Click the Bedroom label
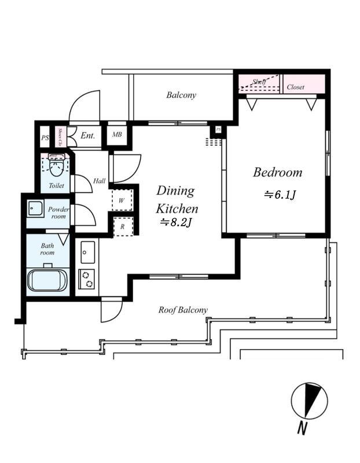coord(277,172)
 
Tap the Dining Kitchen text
coord(177,200)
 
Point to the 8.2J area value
coord(176,222)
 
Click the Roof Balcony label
coord(183,310)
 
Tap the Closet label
coord(296,87)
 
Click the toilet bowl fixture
coord(56,167)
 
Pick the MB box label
coord(117,135)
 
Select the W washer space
coord(122,201)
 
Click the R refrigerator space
coord(122,227)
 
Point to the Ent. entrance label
coord(88,136)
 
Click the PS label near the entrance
coord(45,138)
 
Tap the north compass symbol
coord(310,400)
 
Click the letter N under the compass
coord(301,429)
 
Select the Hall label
coord(99,181)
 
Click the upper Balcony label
coord(181,95)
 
